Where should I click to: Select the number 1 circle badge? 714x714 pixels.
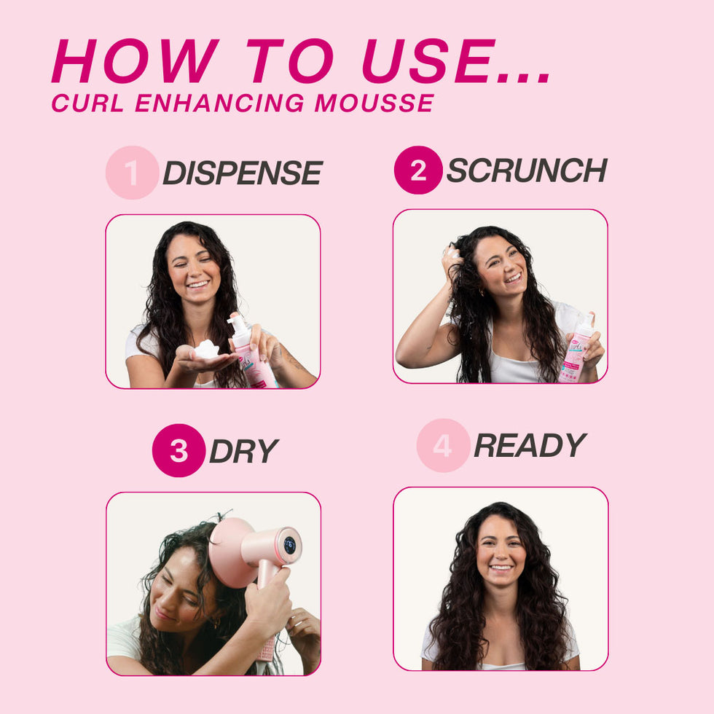(x=132, y=173)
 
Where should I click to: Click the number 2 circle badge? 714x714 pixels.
(x=418, y=170)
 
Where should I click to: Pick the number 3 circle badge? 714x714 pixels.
(x=178, y=450)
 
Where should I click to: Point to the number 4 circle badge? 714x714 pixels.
(x=443, y=445)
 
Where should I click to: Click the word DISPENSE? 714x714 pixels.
(x=242, y=173)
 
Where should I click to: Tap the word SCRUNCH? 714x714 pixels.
(x=526, y=170)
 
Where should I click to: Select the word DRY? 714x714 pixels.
(x=243, y=452)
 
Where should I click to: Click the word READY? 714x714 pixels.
(x=530, y=445)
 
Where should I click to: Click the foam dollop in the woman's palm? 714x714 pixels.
(x=207, y=349)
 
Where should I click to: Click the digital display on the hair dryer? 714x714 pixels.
(x=289, y=545)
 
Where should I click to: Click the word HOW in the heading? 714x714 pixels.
(x=135, y=61)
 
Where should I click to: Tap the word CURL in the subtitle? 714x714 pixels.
(x=87, y=103)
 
